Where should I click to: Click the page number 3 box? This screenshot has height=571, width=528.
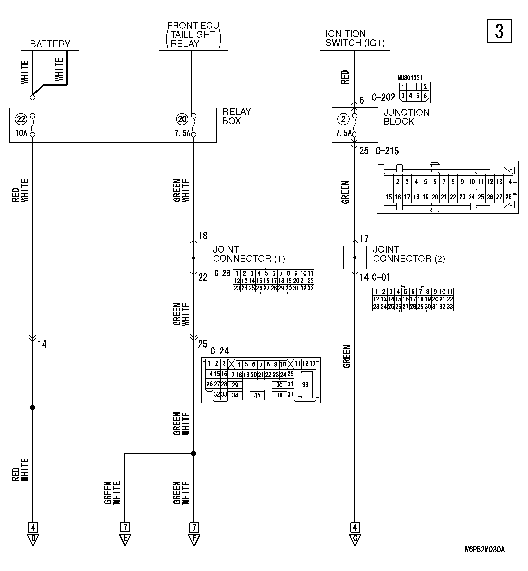pyautogui.click(x=499, y=31)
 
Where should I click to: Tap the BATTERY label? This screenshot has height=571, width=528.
pyautogui.click(x=50, y=44)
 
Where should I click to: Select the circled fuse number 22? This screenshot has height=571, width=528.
pyautogui.click(x=21, y=119)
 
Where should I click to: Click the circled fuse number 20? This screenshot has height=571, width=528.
pyautogui.click(x=182, y=119)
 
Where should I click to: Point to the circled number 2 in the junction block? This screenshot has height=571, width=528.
pyautogui.click(x=343, y=119)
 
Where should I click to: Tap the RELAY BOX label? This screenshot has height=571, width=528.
pyautogui.click(x=237, y=116)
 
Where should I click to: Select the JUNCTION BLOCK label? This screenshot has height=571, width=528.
pyautogui.click(x=406, y=117)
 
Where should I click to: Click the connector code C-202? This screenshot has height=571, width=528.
pyautogui.click(x=383, y=97)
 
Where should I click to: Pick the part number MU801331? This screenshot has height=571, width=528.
pyautogui.click(x=410, y=78)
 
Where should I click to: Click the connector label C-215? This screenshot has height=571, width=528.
pyautogui.click(x=387, y=151)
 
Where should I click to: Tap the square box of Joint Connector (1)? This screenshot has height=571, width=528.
pyautogui.click(x=193, y=257)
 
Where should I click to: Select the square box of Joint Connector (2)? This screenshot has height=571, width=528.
pyautogui.click(x=354, y=257)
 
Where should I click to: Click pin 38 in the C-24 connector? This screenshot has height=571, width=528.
pyautogui.click(x=305, y=385)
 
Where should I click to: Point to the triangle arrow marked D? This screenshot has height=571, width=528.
pyautogui.click(x=33, y=539)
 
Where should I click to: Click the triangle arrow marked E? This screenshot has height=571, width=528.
pyautogui.click(x=125, y=539)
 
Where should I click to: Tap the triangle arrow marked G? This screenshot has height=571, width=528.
pyautogui.click(x=355, y=539)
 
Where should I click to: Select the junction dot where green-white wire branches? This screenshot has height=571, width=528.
pyautogui.click(x=193, y=453)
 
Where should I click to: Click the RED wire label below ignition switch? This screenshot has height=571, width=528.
pyautogui.click(x=345, y=77)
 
